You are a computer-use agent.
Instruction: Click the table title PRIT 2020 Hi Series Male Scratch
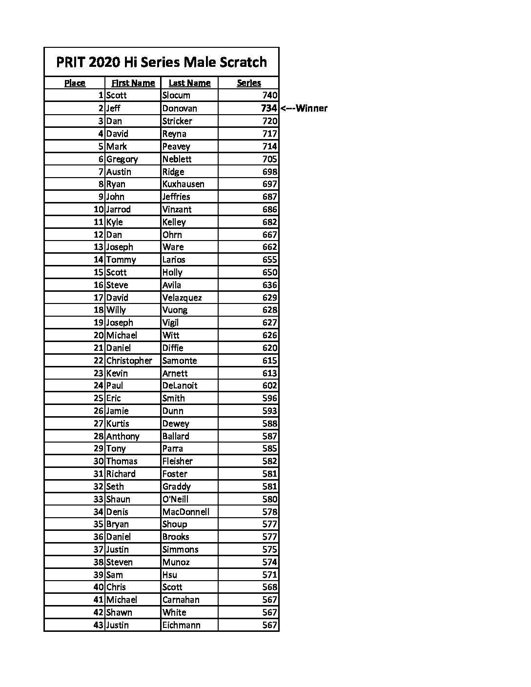click(161, 62)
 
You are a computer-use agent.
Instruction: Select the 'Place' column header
click(75, 83)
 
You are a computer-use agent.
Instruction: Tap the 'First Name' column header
click(133, 83)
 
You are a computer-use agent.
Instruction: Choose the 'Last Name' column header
click(189, 83)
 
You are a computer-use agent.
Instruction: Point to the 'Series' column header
click(249, 83)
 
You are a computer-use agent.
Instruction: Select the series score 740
click(270, 96)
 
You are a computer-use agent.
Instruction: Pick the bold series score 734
click(269, 108)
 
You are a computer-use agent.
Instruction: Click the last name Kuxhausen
click(183, 184)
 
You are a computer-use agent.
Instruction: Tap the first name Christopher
click(129, 361)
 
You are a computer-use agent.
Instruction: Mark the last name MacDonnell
click(185, 512)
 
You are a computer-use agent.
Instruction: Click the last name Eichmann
click(181, 625)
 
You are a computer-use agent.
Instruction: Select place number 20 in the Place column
click(99, 335)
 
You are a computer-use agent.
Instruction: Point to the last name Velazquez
click(182, 298)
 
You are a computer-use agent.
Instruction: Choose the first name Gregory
click(122, 159)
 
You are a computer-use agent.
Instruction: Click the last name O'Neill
click(175, 499)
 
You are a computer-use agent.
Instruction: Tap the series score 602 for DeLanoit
click(270, 385)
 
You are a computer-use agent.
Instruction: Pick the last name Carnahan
click(181, 600)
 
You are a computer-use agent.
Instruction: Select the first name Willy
click(116, 310)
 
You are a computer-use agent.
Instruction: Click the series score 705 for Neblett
click(270, 159)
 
